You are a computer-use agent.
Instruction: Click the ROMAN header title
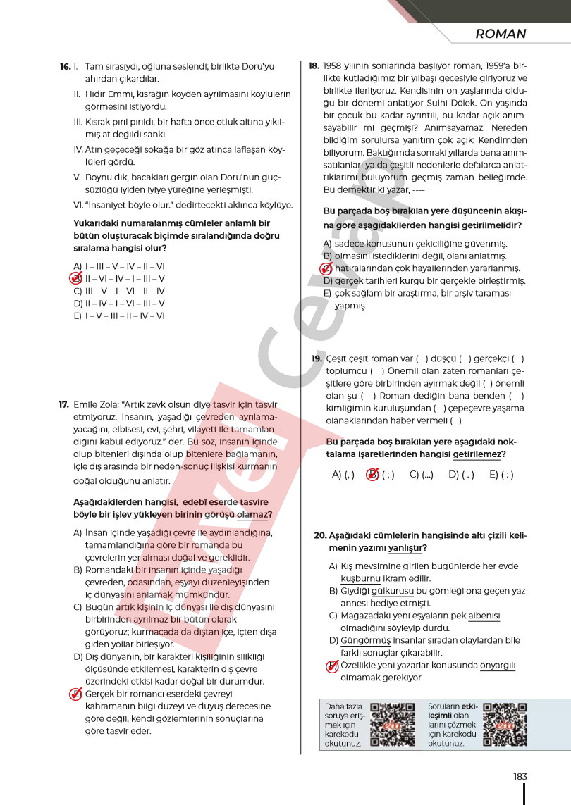pyautogui.click(x=501, y=34)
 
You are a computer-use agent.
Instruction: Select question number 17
pyautogui.click(x=63, y=405)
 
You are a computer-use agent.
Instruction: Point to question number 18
pyautogui.click(x=314, y=66)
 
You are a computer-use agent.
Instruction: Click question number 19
pyautogui.click(x=317, y=358)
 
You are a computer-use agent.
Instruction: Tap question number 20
pyautogui.click(x=320, y=535)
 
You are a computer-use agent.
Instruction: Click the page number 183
pyautogui.click(x=520, y=776)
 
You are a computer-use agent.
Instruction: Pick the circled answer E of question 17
pyautogui.click(x=77, y=694)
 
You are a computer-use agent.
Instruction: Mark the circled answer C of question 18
pyautogui.click(x=326, y=268)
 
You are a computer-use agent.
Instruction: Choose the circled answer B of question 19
pyautogui.click(x=374, y=475)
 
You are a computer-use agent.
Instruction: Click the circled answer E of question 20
pyautogui.click(x=333, y=666)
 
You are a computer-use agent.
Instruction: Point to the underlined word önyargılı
pyautogui.click(x=498, y=666)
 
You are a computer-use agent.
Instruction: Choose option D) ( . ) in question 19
pyautogui.click(x=461, y=475)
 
